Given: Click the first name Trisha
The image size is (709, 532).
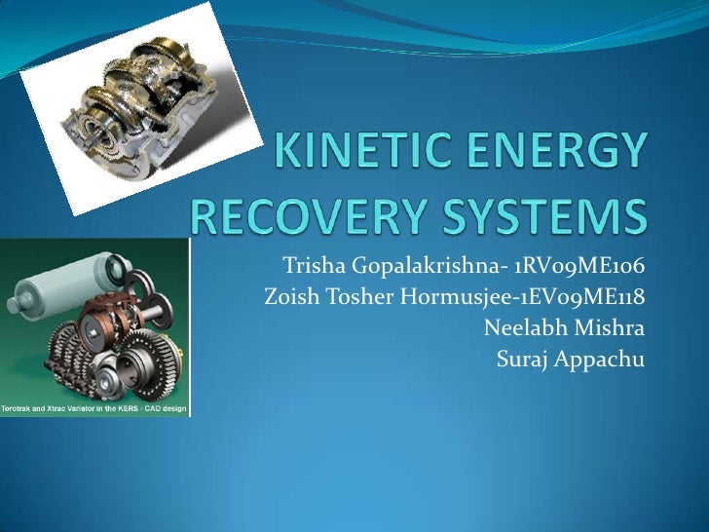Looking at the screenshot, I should (309, 266).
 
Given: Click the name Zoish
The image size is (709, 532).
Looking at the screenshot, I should (289, 297).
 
